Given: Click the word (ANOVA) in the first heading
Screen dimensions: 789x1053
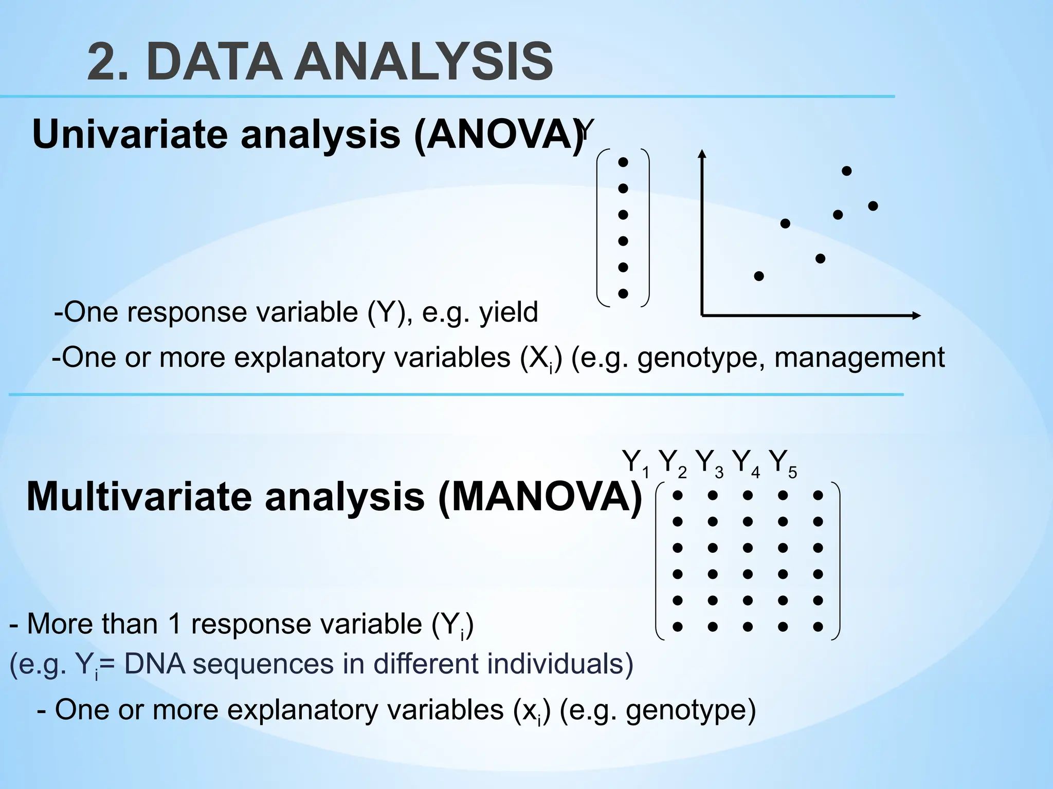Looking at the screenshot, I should click(x=499, y=134).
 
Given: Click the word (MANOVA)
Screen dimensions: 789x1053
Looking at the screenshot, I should click(x=540, y=497).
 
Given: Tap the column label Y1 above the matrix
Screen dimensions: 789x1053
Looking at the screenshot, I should click(x=634, y=462).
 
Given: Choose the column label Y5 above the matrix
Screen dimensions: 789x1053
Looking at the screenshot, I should click(x=782, y=462).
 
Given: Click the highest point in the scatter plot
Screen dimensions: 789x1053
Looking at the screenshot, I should click(x=847, y=171).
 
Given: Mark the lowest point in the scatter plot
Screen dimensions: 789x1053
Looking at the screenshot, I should click(x=759, y=276).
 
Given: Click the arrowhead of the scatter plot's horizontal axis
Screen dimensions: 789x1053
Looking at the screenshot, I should click(x=916, y=315).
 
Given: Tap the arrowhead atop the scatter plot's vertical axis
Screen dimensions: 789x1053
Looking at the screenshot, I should click(x=702, y=153).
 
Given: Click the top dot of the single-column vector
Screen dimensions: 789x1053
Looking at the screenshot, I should click(x=623, y=162).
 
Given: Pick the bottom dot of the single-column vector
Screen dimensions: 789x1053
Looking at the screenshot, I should click(x=623, y=294).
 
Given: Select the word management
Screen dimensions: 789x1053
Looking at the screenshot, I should click(x=859, y=358).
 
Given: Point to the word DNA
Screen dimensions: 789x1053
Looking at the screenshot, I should click(x=154, y=664).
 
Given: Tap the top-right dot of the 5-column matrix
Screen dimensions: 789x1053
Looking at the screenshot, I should click(x=818, y=496).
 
